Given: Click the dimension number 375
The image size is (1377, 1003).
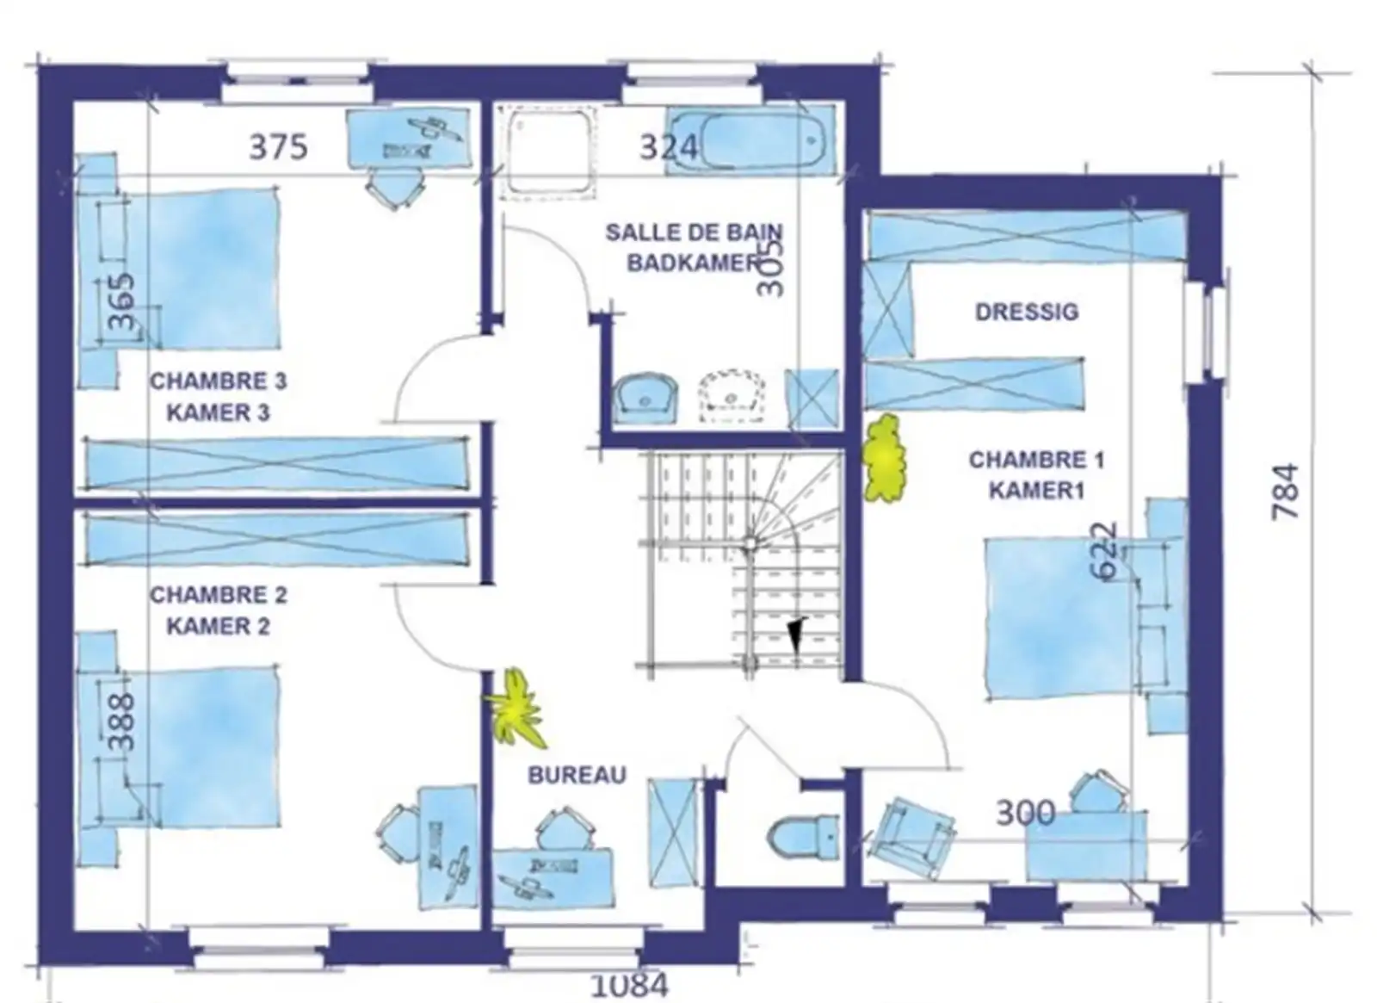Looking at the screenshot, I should click(x=278, y=147).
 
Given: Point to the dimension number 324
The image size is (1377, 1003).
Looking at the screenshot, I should click(x=668, y=148).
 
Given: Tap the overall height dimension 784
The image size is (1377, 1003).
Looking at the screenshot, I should click(x=1284, y=492).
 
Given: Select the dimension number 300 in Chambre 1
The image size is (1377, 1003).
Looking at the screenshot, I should click(x=1025, y=812).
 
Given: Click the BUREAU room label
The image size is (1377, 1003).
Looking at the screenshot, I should click(x=577, y=775).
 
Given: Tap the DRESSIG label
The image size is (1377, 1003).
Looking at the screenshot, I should click(x=1026, y=312).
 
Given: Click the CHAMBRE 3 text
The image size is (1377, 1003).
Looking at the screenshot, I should click(x=219, y=381).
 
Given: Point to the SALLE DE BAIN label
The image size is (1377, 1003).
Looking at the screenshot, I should click(x=694, y=232).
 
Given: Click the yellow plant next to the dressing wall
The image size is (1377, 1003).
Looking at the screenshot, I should click(x=885, y=459).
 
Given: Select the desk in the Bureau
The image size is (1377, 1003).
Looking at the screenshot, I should click(x=553, y=877).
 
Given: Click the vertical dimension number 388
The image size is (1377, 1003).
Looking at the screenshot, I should click(x=123, y=721).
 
